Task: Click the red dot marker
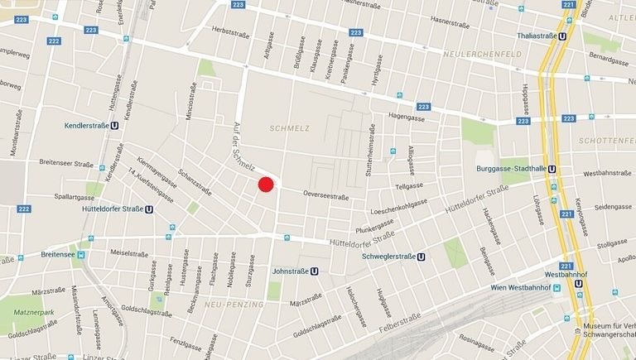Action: (266, 185)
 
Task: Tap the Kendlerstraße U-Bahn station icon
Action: (114, 127)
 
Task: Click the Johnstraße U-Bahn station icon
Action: (315, 270)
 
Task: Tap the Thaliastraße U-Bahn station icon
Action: (562, 36)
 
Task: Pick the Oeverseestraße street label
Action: (326, 196)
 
